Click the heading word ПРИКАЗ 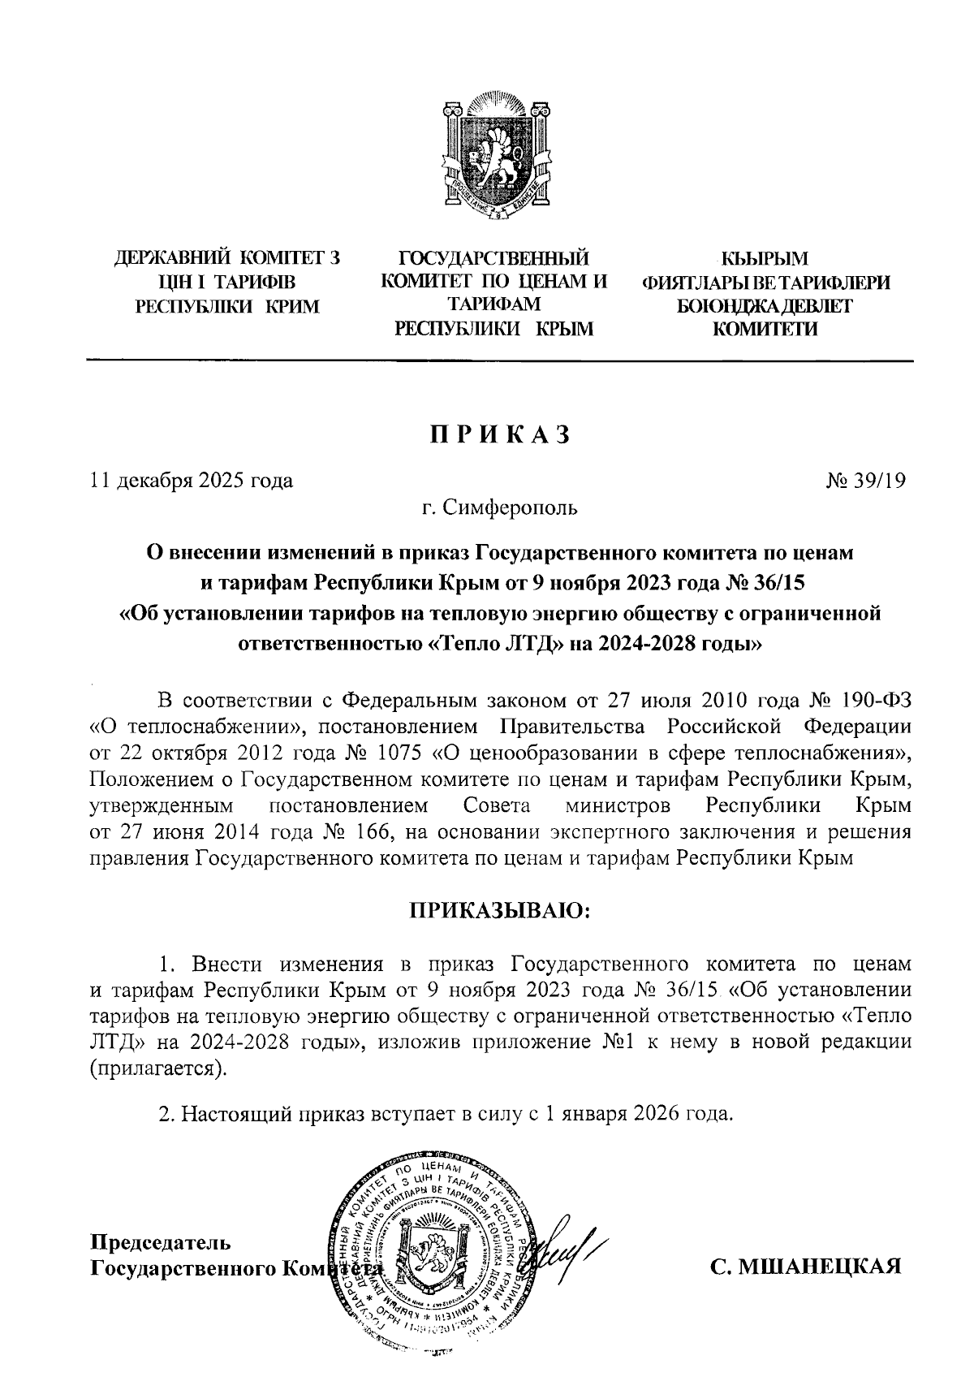[x=500, y=434]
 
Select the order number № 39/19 [x=865, y=481]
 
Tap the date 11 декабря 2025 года [x=191, y=481]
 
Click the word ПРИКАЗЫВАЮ [x=501, y=910]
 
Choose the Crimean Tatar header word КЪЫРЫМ [x=765, y=259]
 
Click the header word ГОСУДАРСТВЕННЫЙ [x=493, y=259]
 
